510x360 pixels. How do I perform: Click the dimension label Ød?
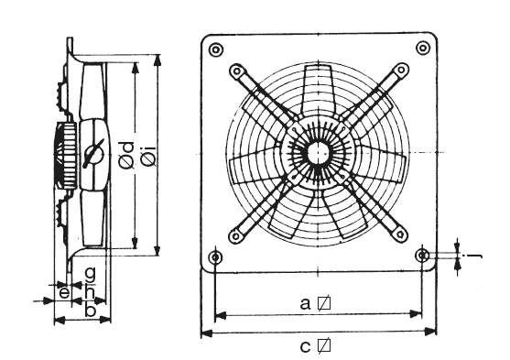pyautogui.click(x=127, y=155)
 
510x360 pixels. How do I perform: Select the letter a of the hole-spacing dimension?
pyautogui.click(x=305, y=304)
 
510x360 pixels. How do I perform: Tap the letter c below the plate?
pyautogui.click(x=305, y=347)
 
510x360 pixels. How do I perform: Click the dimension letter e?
pyautogui.click(x=65, y=292)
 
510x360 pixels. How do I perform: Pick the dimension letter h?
pyautogui.click(x=90, y=290)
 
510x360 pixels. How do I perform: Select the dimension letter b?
pyautogui.click(x=90, y=310)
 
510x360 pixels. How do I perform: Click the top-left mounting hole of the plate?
pyautogui.click(x=216, y=50)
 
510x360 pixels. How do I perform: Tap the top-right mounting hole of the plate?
pyautogui.click(x=423, y=49)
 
